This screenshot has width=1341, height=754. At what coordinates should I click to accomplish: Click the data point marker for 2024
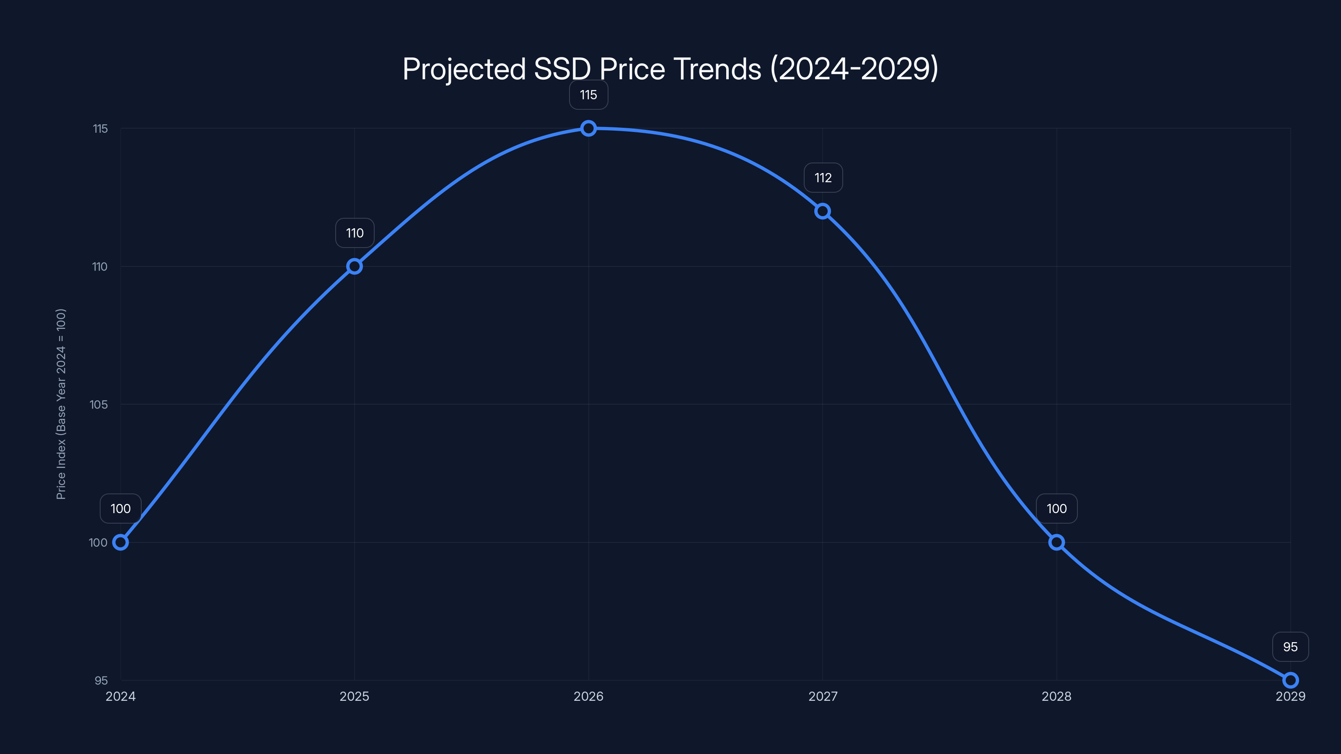point(120,542)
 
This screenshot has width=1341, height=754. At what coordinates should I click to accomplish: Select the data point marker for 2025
point(355,266)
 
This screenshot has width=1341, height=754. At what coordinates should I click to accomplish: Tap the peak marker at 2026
point(588,128)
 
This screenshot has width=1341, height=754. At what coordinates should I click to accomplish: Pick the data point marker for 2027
point(823,211)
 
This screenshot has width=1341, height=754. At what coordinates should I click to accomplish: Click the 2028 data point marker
point(1056,542)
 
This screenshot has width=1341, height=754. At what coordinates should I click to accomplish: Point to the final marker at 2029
point(1291,680)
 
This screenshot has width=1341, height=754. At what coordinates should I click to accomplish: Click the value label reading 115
point(588,95)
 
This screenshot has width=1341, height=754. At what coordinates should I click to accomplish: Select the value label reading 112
point(823,178)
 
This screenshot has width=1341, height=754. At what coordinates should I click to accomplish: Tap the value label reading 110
point(355,233)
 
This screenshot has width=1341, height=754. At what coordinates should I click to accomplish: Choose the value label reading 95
point(1290,647)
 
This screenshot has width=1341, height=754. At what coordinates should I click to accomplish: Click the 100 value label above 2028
point(1056,509)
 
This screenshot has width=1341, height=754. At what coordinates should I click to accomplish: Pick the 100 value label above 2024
point(120,509)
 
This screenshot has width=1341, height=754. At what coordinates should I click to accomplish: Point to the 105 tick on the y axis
point(98,404)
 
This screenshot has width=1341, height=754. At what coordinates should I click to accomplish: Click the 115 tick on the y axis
point(100,129)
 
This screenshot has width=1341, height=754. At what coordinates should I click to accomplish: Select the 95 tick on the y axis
point(101,681)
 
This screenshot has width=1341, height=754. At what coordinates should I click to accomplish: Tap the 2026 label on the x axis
point(588,696)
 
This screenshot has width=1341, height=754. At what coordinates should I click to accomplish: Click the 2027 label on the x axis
point(823,696)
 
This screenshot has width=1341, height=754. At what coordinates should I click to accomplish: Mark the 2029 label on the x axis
point(1290,696)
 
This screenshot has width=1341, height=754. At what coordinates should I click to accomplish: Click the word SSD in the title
point(562,69)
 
